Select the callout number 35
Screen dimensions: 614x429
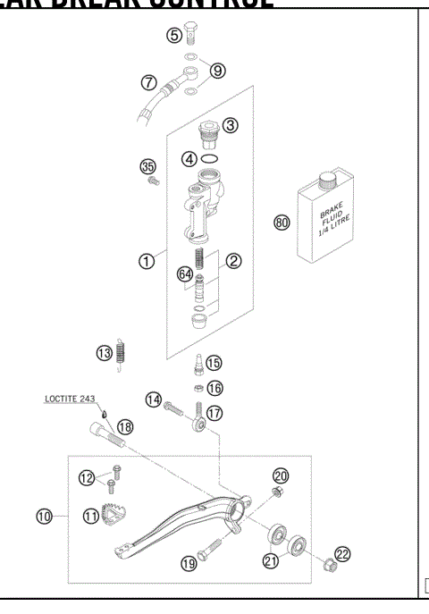(x=148, y=165)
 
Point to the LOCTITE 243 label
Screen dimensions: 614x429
(x=71, y=400)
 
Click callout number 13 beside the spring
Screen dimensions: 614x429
(x=105, y=353)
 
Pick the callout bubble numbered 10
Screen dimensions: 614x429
(x=43, y=516)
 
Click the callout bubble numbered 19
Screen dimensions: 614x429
(x=189, y=563)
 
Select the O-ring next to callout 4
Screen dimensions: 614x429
(x=212, y=157)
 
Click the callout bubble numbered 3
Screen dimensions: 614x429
(x=231, y=125)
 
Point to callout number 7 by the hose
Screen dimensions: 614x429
(x=149, y=82)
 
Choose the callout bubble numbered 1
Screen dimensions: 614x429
(x=144, y=261)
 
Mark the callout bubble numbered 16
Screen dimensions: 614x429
(x=214, y=389)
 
